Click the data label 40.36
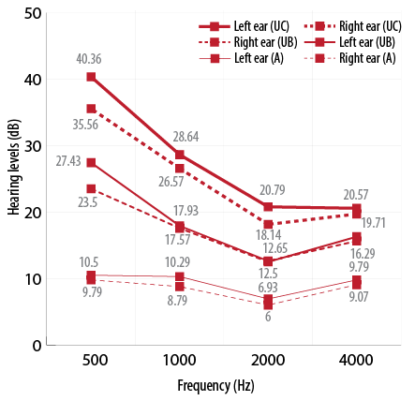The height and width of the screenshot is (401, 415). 89,59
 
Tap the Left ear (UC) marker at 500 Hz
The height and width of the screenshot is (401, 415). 91,77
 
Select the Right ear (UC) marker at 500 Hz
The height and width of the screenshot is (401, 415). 91,109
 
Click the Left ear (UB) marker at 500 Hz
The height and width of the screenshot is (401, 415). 91,163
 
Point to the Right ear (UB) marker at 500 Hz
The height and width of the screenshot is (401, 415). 91,188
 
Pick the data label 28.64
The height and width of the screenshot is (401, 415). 185,137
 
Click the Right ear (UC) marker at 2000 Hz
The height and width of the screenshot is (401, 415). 268,224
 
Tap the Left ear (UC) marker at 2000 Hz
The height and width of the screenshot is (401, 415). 268,207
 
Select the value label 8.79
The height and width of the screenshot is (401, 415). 177,301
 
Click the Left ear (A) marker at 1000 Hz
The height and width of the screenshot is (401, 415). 180,276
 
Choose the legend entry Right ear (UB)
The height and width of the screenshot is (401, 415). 248,42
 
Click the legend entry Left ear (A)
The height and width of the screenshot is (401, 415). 241,58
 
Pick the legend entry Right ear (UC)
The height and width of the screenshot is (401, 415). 353,26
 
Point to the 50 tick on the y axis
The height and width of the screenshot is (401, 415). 33,14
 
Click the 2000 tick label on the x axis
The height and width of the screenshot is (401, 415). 268,361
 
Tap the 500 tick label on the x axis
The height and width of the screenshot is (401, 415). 95,361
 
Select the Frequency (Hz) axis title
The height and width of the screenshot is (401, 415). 215,386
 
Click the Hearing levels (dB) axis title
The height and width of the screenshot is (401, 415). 14,167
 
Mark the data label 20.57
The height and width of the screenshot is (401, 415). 356,195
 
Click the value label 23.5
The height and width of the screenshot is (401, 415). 88,202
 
